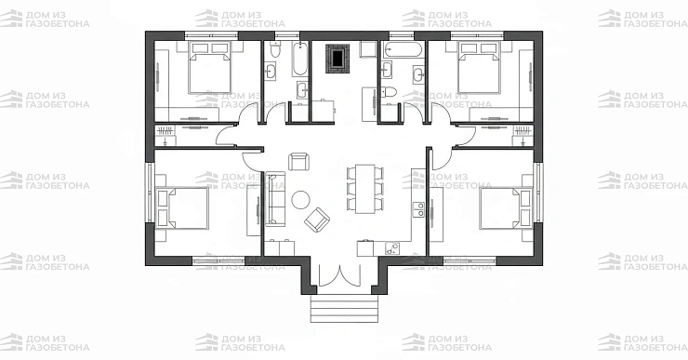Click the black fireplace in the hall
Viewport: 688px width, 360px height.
pyautogui.click(x=337, y=59)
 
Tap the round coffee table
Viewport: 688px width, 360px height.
pyautogui.click(x=301, y=200)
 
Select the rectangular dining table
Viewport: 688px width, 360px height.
pyautogui.click(x=365, y=189)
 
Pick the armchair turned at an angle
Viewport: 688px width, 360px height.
pyautogui.click(x=317, y=220)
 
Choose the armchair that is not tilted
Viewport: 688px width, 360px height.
pyautogui.click(x=298, y=162)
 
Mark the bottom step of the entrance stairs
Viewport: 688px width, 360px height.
pyautogui.click(x=344, y=318)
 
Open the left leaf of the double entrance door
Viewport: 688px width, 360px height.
pyautogui.click(x=327, y=275)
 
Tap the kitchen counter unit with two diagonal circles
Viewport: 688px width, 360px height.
pyautogui.click(x=392, y=249)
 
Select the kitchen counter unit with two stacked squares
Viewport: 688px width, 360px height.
pyautogui.click(x=419, y=209)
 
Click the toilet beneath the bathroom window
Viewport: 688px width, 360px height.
pyautogui.click(x=275, y=49)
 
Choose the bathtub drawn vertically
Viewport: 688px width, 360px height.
pyautogui.click(x=300, y=59)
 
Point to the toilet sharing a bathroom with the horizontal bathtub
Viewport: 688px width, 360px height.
pyautogui.click(x=390, y=92)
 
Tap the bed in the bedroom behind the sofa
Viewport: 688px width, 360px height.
pyautogui.click(x=182, y=208)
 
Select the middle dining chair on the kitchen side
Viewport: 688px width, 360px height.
pyautogui.click(x=379, y=189)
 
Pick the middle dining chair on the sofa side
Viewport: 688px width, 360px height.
pyautogui.click(x=351, y=189)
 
